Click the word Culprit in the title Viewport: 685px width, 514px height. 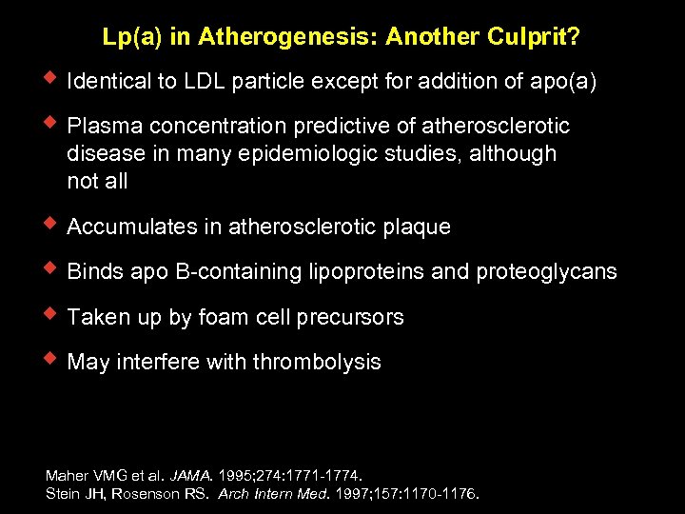coord(531,37)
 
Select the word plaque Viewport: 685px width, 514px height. coord(417,227)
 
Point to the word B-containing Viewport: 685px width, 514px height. coord(236,272)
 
